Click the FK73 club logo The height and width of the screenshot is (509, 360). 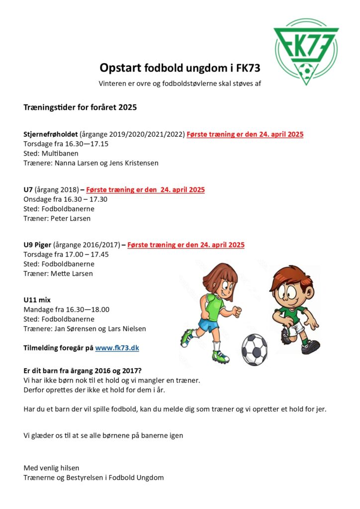coord(306,51)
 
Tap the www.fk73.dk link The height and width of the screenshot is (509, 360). coord(117,348)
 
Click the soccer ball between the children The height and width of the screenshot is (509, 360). coord(254,349)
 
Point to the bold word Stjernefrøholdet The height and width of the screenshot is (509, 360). coord(50,134)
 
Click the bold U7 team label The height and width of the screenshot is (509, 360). coord(28,189)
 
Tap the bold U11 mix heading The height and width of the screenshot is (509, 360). coord(37,300)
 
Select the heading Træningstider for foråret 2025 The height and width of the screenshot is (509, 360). coord(80,107)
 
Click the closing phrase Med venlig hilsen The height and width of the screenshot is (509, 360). coord(51,468)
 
